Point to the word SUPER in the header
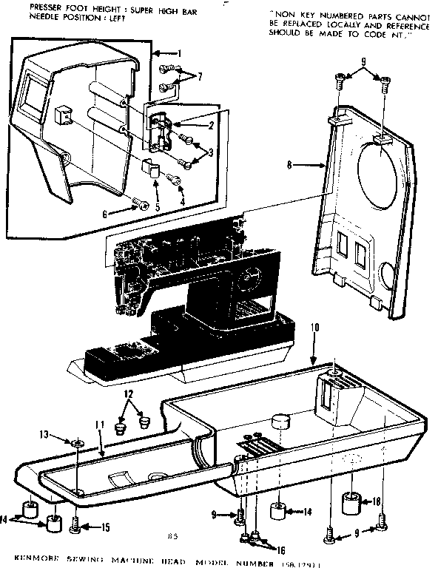point(132,7)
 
